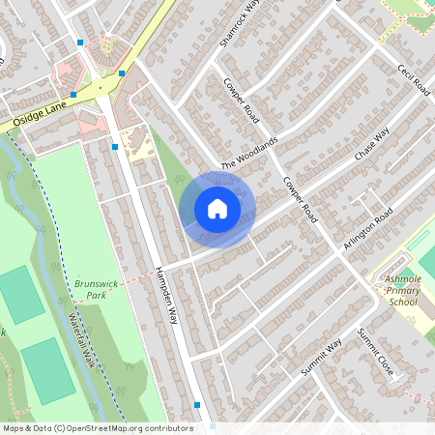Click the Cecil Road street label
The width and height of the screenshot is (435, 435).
[x=413, y=81]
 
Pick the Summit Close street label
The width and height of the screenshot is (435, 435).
[x=374, y=353]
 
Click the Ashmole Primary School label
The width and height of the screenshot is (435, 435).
[x=401, y=290]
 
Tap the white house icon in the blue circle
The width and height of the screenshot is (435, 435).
[x=217, y=209]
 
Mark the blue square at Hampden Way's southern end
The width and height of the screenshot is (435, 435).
[x=197, y=404]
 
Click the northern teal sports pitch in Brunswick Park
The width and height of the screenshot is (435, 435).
[x=21, y=294]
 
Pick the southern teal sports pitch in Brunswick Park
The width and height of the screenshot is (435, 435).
[x=47, y=371]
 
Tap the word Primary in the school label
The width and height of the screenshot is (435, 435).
[x=401, y=290]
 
